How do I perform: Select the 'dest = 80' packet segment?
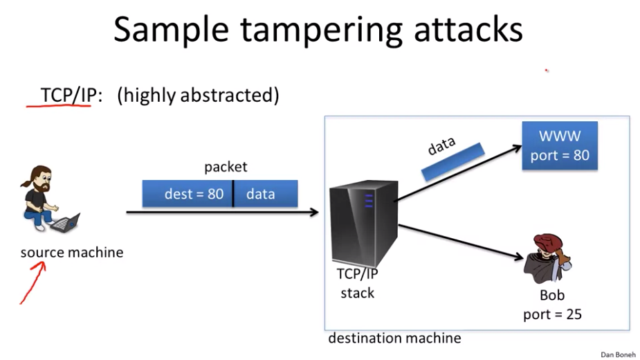pyautogui.click(x=188, y=194)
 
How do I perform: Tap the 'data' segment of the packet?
pyautogui.click(x=266, y=194)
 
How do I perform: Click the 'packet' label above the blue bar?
pyautogui.click(x=226, y=167)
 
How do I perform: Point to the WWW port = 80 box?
pyautogui.click(x=560, y=145)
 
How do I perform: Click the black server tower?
pyautogui.click(x=363, y=223)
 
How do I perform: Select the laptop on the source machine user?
pyautogui.click(x=65, y=222)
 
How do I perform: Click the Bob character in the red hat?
pyautogui.click(x=547, y=259)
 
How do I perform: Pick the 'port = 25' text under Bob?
pyautogui.click(x=552, y=314)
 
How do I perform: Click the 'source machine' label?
pyautogui.click(x=72, y=253)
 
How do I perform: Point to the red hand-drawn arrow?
pyautogui.click(x=33, y=282)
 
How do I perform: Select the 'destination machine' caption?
pyautogui.click(x=394, y=339)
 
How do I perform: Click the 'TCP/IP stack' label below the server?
pyautogui.click(x=358, y=283)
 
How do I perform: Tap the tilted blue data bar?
pyautogui.click(x=453, y=162)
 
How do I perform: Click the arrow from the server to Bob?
pyautogui.click(x=460, y=242)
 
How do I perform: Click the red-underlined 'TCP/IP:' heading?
pyautogui.click(x=71, y=96)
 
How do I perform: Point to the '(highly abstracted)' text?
pyautogui.click(x=198, y=96)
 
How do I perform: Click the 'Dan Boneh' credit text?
pyautogui.click(x=618, y=354)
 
